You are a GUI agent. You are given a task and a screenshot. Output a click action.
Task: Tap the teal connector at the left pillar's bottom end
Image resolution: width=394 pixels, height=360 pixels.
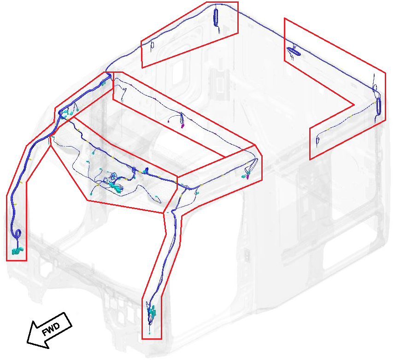(x=17, y=251)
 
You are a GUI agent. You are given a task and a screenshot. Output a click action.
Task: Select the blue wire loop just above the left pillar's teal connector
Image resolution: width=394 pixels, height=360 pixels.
(x=18, y=234)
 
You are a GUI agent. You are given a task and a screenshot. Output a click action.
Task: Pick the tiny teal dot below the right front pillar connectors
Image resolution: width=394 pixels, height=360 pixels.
(x=151, y=332)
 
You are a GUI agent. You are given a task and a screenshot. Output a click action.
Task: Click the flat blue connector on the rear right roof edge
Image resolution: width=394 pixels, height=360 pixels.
(x=294, y=51)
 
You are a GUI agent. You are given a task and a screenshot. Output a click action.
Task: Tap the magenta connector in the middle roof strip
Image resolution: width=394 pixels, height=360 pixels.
(x=182, y=124)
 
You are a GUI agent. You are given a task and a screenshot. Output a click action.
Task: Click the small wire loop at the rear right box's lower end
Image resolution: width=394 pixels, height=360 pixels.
(x=318, y=140)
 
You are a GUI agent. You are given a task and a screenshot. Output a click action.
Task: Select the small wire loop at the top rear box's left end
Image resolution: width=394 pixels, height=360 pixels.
(x=153, y=45)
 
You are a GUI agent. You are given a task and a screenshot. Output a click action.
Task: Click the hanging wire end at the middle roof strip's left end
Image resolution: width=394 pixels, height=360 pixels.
(x=123, y=99)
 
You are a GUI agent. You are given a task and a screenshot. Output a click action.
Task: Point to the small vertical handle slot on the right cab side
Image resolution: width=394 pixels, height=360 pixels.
(x=247, y=253)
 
